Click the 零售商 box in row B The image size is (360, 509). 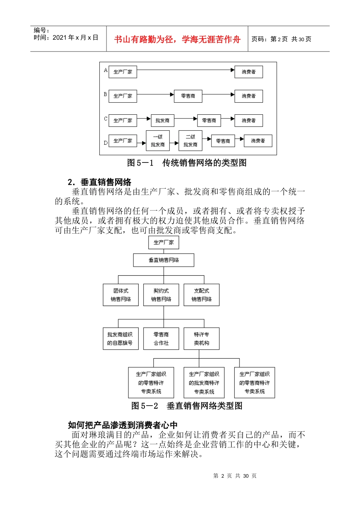[x=188, y=96]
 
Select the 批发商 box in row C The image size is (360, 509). [x=162, y=120]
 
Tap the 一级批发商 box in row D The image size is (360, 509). [x=158, y=141]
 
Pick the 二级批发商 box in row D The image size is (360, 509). [x=190, y=141]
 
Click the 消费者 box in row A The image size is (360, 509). [x=249, y=72]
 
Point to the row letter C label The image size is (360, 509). [x=106, y=119]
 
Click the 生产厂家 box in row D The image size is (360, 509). [x=123, y=141]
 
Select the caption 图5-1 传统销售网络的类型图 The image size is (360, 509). [x=187, y=163]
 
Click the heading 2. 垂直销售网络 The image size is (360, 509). [x=100, y=182]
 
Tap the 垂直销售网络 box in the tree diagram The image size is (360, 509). [x=164, y=260]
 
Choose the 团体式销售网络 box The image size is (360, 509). [x=121, y=295]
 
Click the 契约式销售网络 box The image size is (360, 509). [x=161, y=295]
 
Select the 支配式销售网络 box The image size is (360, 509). [x=201, y=295]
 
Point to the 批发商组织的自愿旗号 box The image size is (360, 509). [x=120, y=339]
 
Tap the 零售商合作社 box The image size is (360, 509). [x=161, y=339]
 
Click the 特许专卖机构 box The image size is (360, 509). [x=201, y=339]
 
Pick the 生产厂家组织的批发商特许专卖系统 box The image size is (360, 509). [x=204, y=383]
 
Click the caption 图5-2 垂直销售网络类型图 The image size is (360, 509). [x=187, y=406]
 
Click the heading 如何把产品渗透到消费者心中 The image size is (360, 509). [x=123, y=425]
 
